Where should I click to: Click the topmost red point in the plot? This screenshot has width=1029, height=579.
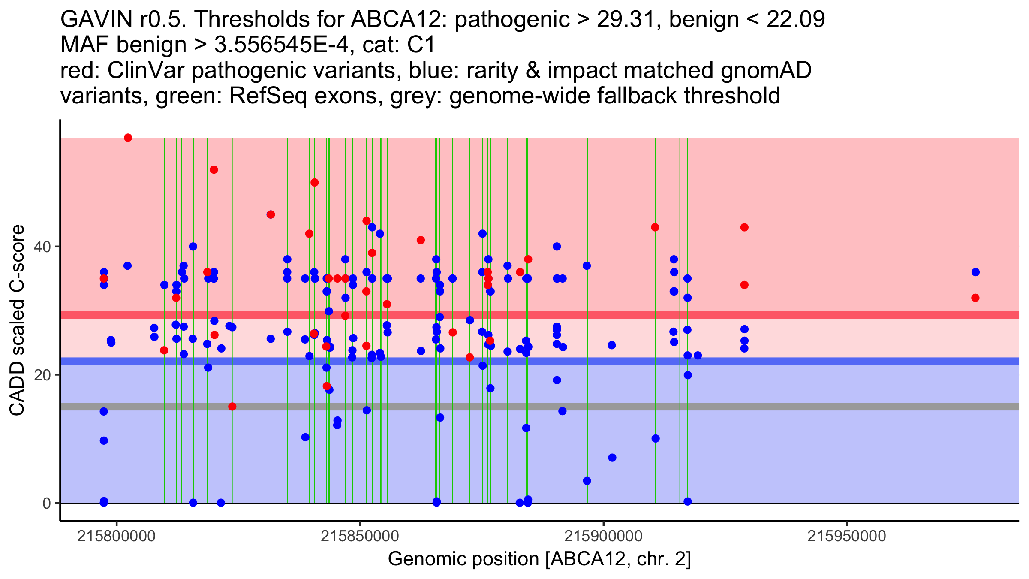(128, 138)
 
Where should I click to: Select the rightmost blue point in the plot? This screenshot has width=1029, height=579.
(975, 272)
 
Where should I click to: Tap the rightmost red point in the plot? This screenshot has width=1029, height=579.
(975, 298)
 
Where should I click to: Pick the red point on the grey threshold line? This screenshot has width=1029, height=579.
(232, 407)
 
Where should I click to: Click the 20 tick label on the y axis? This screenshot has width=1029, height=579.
(43, 375)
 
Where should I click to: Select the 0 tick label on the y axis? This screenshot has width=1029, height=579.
(47, 503)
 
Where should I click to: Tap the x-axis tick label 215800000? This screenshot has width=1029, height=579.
(116, 536)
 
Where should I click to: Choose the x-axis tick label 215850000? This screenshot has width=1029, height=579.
(360, 536)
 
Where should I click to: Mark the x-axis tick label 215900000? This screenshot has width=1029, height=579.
(604, 536)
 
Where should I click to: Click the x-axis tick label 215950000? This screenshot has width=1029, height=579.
(847, 536)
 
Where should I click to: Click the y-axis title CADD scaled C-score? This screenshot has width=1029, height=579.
(17, 320)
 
